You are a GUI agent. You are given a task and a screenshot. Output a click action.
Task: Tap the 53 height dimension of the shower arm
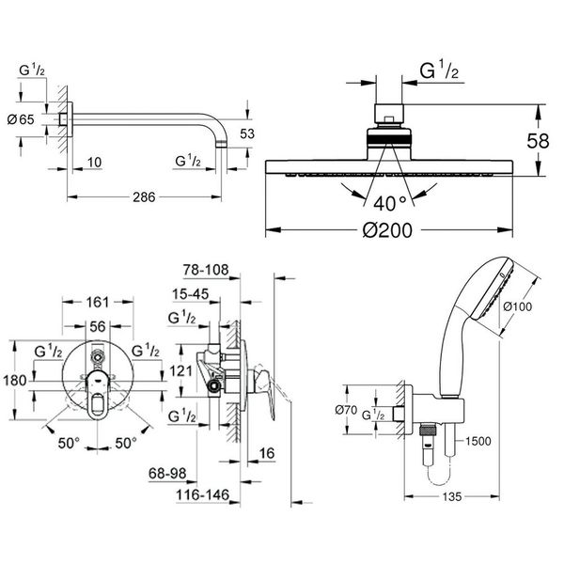tap(247, 133)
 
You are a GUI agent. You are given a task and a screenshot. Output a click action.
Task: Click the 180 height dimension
tap(14, 381)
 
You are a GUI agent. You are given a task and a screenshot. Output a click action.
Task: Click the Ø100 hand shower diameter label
tap(521, 305)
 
